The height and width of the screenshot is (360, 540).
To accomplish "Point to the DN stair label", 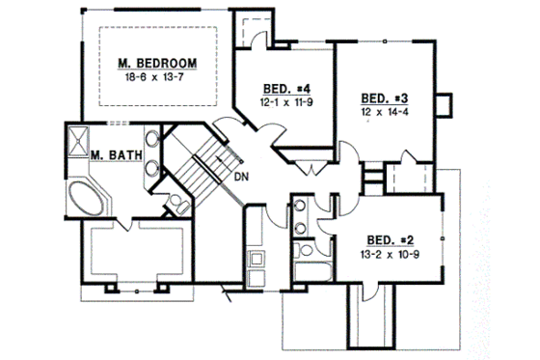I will tap(242, 178).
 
